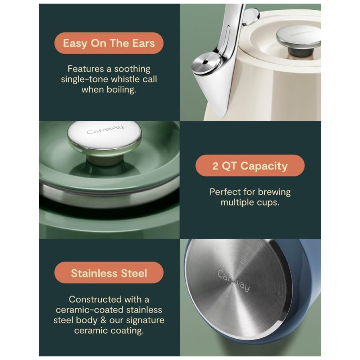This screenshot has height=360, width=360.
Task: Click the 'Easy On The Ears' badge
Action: pos(109,43)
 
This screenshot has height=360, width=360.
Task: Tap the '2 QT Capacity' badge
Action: pos(250,166)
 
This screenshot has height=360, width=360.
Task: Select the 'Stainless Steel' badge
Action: pos(109,273)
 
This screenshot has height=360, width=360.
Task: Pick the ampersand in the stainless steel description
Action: pos(104,320)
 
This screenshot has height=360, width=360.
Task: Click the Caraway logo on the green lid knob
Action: pos(105,130)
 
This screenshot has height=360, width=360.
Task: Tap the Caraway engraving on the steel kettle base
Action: pos(233,280)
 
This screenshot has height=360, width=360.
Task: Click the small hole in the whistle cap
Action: pos(205,62)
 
